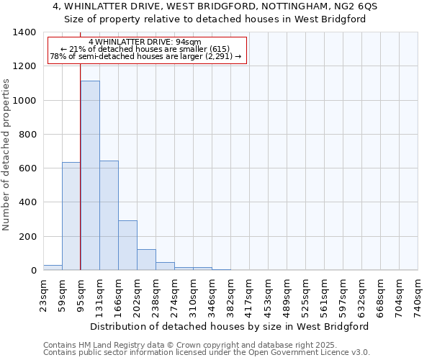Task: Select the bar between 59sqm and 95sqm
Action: pos(71,216)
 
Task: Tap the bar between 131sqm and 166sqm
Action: pos(109,215)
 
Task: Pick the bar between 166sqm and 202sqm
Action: pos(127,245)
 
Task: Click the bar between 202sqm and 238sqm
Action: pos(146,259)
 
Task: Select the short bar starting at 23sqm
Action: pos(53,267)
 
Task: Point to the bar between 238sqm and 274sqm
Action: pos(165,266)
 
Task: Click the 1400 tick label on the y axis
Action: pos(24,32)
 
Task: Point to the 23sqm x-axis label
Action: pos(43,295)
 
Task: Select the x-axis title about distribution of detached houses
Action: pos(230,326)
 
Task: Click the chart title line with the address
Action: pos(215,6)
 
